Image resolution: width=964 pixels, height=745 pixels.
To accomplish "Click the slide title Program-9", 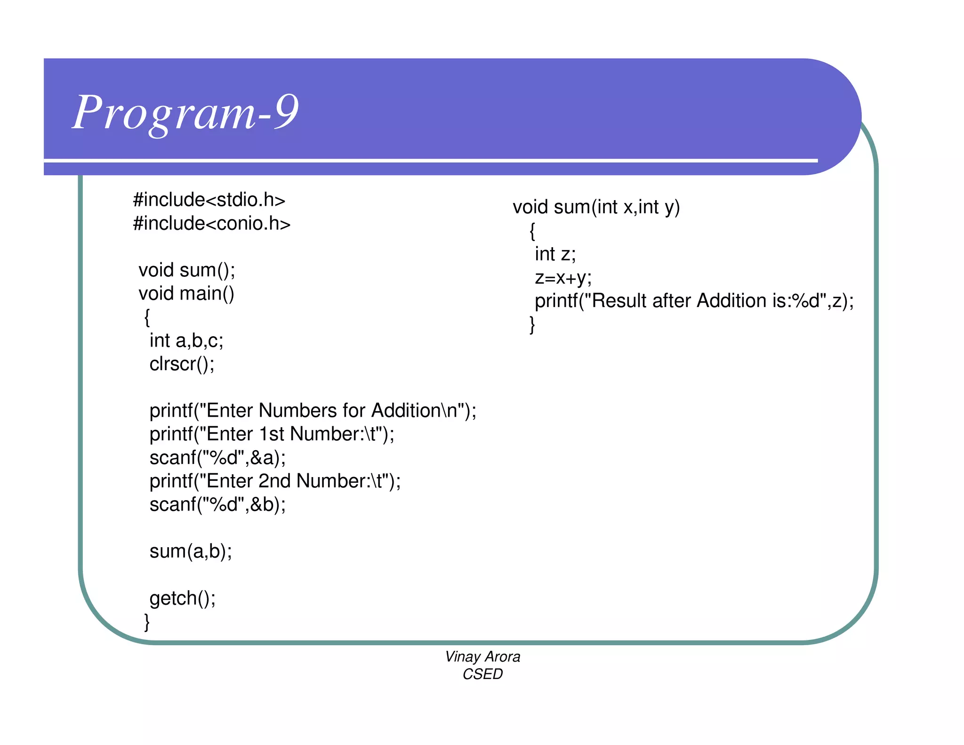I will click(x=185, y=112).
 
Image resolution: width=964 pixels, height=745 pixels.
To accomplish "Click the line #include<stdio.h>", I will click(x=209, y=200).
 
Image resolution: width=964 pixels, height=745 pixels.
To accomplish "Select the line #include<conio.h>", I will click(x=212, y=224).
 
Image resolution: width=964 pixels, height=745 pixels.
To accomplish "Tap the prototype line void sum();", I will click(x=187, y=270).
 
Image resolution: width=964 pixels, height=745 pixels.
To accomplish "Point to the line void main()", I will click(x=186, y=294).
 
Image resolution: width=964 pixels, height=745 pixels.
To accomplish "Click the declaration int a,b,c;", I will click(x=186, y=340).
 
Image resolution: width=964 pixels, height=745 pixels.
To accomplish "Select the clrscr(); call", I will click(x=182, y=364).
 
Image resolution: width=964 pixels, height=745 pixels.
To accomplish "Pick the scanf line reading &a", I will click(x=217, y=458).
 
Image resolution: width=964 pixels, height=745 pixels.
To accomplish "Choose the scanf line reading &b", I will click(x=217, y=505).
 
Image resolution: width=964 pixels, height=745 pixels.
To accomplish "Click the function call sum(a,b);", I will click(x=191, y=551).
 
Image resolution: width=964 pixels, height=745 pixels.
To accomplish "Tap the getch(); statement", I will click(x=183, y=599).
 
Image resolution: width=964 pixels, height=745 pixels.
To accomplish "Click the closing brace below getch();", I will click(x=147, y=622).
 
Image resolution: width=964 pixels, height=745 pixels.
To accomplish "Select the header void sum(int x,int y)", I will click(x=596, y=207).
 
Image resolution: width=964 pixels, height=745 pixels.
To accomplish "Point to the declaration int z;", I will click(x=555, y=254).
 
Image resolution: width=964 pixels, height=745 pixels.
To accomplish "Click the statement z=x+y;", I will click(x=563, y=278).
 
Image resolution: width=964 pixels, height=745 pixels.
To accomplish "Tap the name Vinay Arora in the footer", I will click(x=482, y=657).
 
